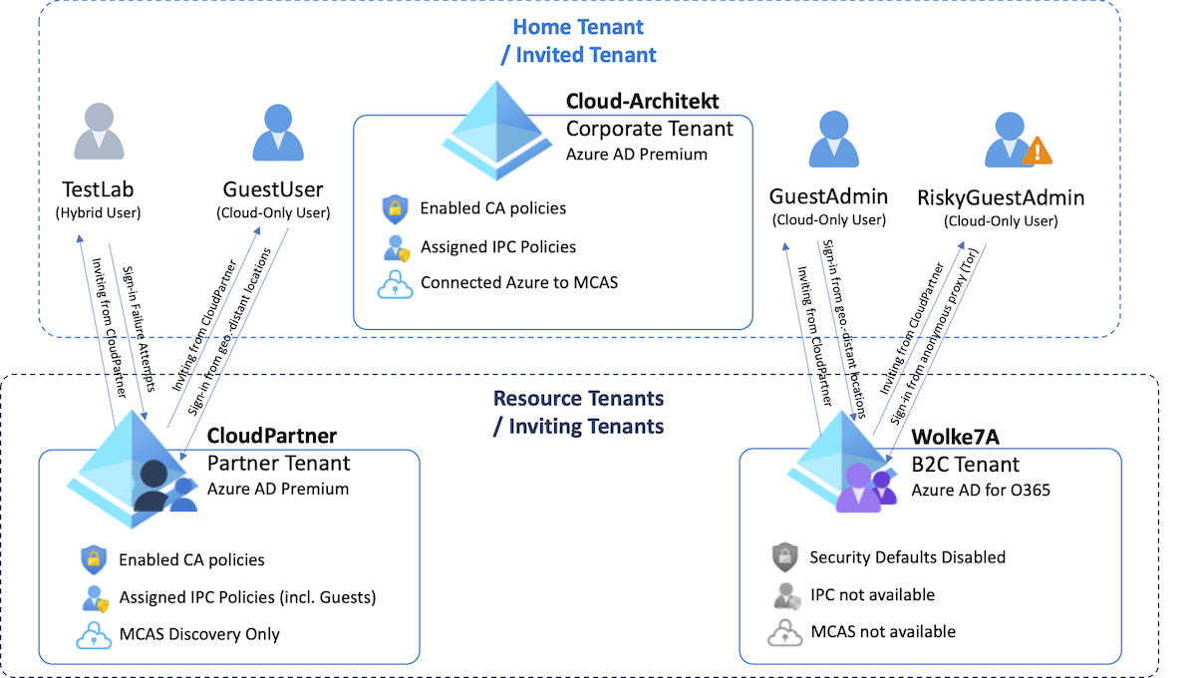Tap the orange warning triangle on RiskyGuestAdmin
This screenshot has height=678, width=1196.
1038,152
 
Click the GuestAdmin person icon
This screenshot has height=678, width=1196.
833,139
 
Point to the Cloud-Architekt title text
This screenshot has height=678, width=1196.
642,101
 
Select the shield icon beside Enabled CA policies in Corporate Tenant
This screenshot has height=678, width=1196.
395,209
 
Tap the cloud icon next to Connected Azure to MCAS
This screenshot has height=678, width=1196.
395,283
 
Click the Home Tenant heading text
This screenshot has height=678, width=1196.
578,28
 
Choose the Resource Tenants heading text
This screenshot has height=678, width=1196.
578,399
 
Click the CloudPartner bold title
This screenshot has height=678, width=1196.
271,437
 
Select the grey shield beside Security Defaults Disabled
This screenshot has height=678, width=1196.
785,557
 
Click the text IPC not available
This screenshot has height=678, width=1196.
872,594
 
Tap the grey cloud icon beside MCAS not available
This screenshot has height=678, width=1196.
785,632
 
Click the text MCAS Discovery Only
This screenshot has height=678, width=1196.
199,634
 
